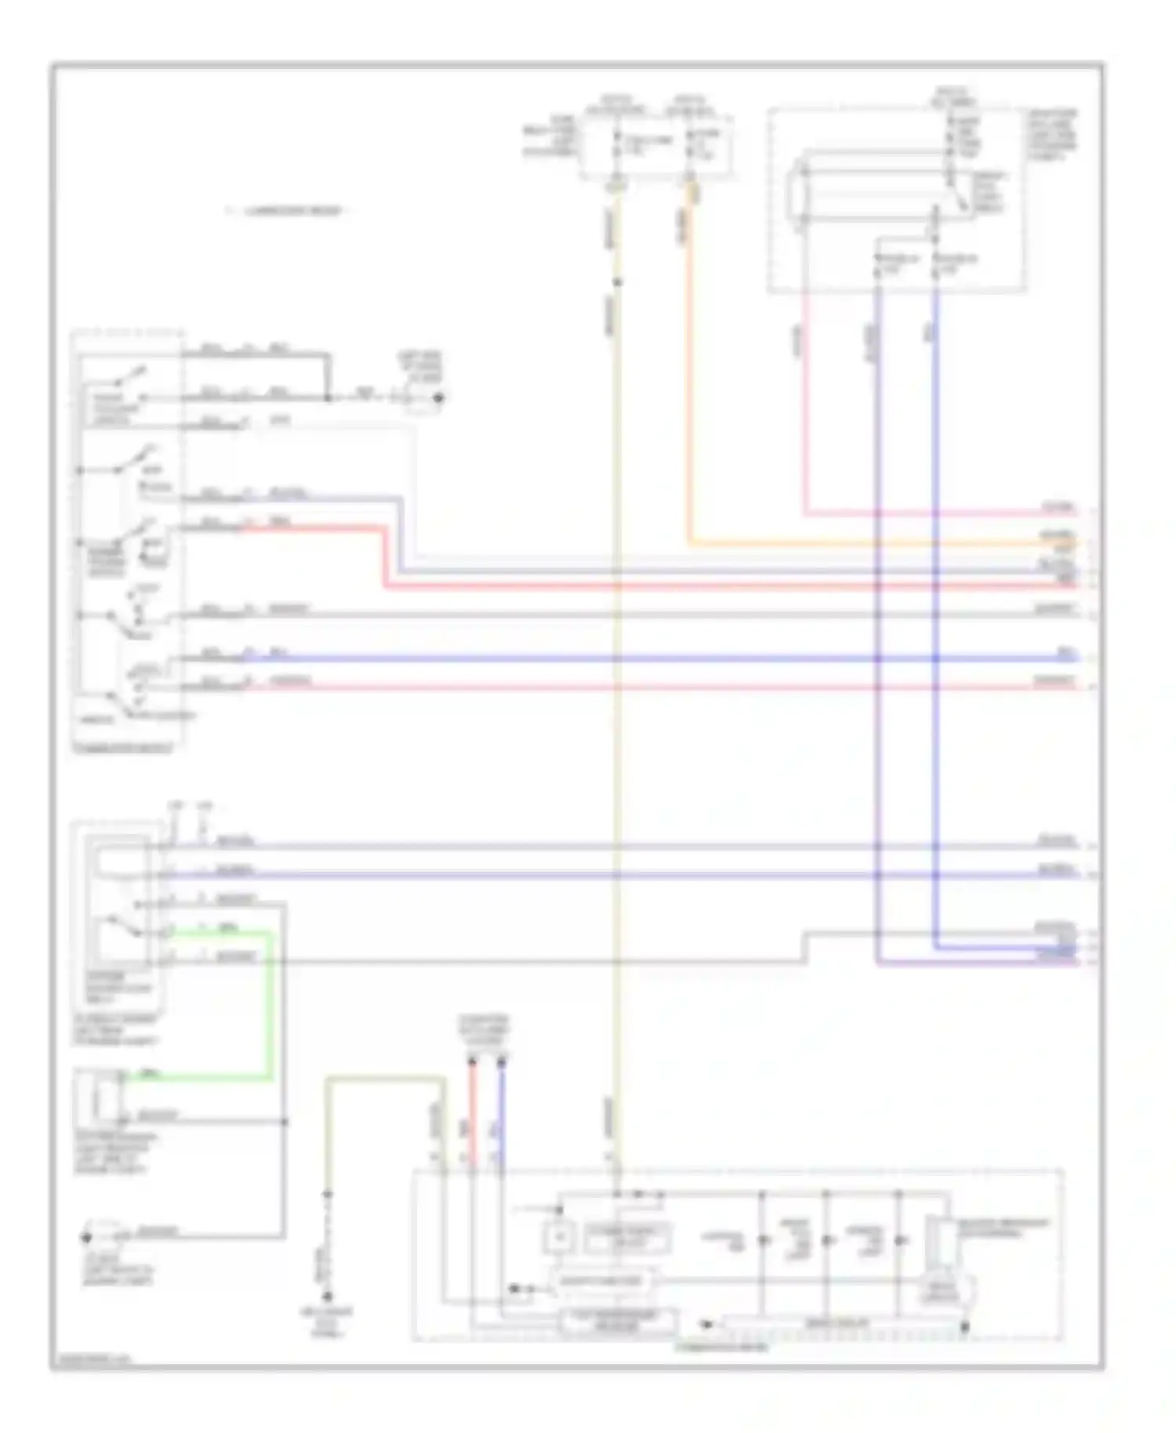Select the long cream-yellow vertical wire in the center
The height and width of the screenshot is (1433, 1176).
(617, 706)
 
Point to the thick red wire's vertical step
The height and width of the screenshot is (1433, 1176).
(385, 557)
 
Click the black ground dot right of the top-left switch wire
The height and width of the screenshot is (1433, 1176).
(438, 397)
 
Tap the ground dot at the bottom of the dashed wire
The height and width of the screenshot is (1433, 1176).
(328, 1296)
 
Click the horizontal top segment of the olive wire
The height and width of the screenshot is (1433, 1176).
(384, 1079)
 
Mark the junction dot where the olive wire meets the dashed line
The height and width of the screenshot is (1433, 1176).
(328, 1194)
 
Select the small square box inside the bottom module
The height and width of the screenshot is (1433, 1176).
(559, 1237)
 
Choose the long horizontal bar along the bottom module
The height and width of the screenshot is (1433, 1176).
(835, 1324)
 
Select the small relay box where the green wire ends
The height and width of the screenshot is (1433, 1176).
(99, 1097)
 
